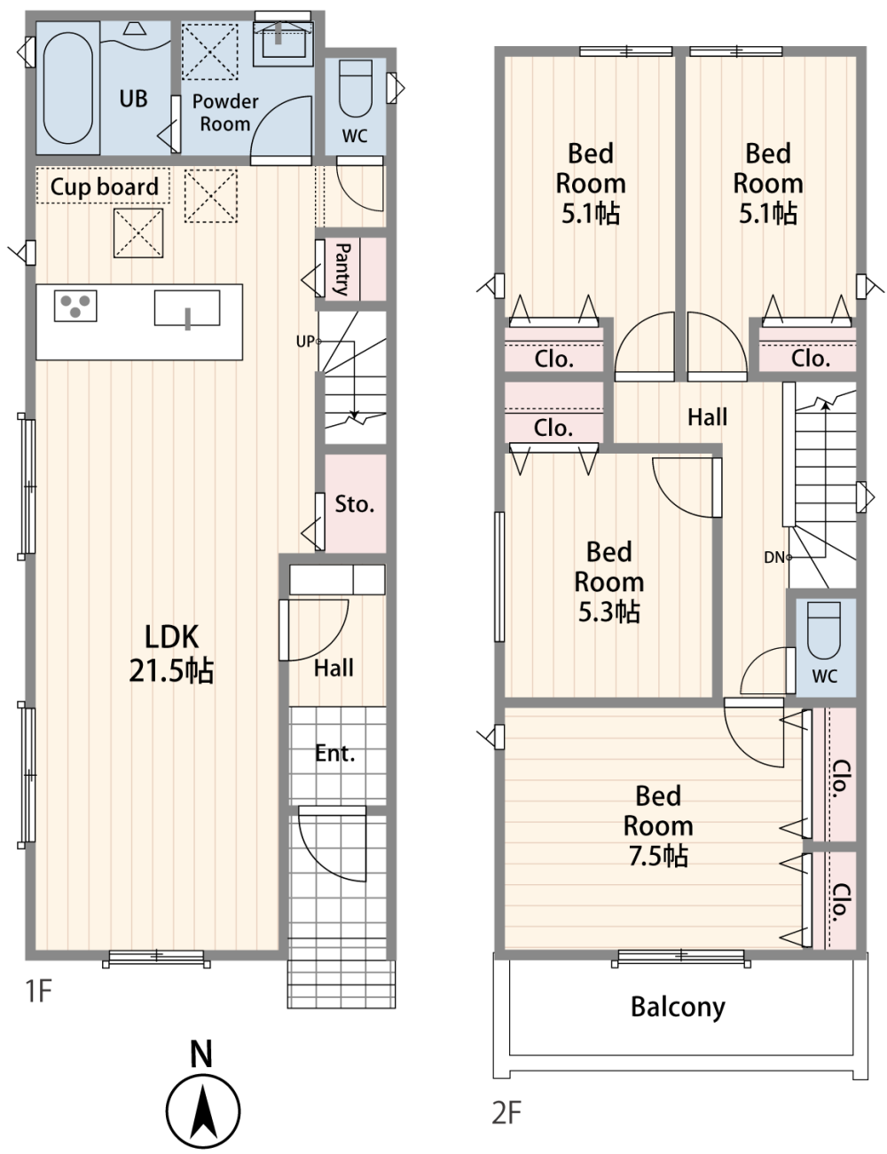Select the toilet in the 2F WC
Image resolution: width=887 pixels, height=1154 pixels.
click(x=823, y=630)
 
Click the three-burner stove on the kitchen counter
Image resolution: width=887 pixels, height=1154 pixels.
click(x=75, y=305)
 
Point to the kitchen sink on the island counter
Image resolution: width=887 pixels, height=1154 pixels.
click(x=187, y=308)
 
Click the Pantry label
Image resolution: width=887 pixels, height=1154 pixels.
click(x=342, y=269)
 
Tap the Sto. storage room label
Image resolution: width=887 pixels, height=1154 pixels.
click(x=355, y=504)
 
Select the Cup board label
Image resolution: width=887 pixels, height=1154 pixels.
click(x=104, y=186)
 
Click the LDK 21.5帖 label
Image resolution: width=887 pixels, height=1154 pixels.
click(x=171, y=653)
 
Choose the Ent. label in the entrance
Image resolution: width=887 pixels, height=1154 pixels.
click(x=334, y=753)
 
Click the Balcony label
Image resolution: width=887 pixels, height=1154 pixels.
click(x=678, y=1008)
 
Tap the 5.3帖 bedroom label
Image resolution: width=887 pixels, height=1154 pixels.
click(x=609, y=582)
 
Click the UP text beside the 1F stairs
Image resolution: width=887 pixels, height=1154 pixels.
click(x=305, y=342)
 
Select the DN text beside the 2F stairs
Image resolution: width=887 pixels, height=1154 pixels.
click(x=774, y=557)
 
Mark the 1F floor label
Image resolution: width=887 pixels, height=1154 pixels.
click(x=39, y=991)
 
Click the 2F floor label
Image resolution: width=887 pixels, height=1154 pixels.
click(x=506, y=1113)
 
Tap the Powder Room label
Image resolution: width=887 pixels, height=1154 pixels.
click(x=225, y=113)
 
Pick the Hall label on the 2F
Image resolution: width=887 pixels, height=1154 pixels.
click(x=707, y=417)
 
